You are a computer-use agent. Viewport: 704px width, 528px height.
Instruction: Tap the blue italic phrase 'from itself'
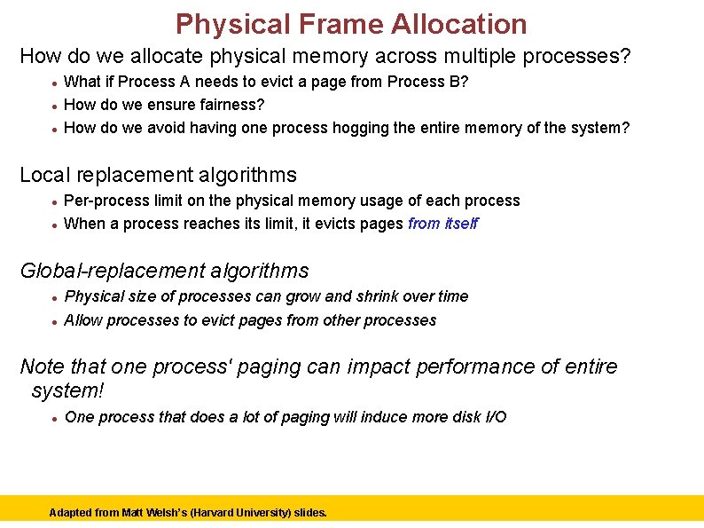tap(442, 224)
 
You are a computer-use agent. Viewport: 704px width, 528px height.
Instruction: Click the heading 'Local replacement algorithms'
tap(158, 175)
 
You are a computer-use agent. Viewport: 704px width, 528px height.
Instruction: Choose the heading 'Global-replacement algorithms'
tap(164, 271)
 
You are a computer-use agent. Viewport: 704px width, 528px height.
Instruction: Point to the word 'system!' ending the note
tap(69, 390)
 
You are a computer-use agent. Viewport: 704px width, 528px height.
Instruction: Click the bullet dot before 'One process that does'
tap(55, 418)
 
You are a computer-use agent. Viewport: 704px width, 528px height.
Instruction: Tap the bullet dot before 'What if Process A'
tap(55, 83)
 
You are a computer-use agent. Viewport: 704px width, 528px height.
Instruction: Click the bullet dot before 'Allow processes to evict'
tap(55, 321)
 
